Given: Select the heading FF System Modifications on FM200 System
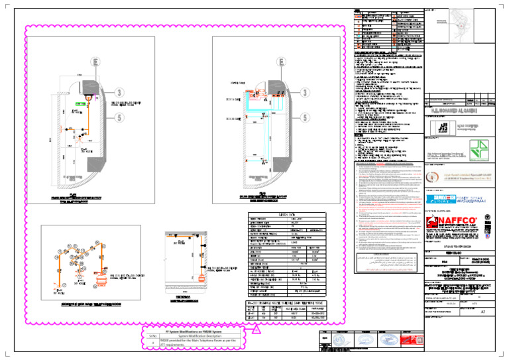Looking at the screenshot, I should (x=194, y=330).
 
